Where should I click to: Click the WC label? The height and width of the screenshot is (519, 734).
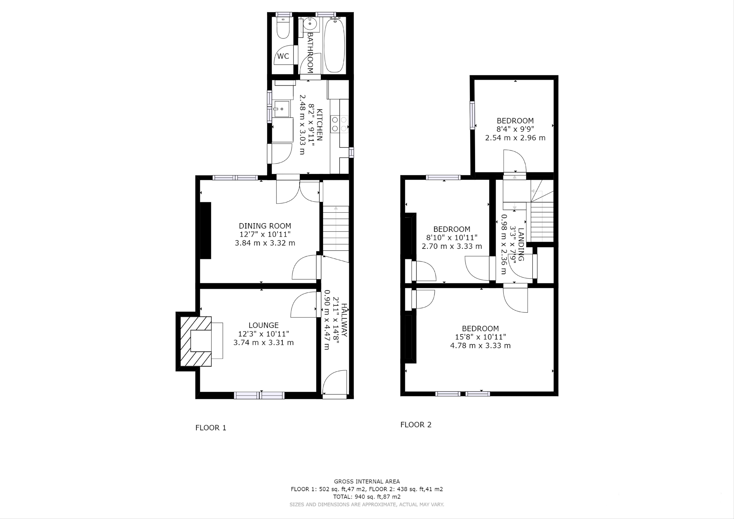[x=283, y=56]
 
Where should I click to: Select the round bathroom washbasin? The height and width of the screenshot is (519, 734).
[x=310, y=24]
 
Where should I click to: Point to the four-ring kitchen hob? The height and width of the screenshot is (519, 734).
[x=339, y=124]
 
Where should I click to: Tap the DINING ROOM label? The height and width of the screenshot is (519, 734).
[x=265, y=226]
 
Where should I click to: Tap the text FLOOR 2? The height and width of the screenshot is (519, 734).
[x=416, y=425]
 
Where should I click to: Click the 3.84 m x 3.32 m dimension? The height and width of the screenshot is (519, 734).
[x=265, y=243]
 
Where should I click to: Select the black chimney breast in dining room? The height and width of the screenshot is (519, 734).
[x=206, y=230]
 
